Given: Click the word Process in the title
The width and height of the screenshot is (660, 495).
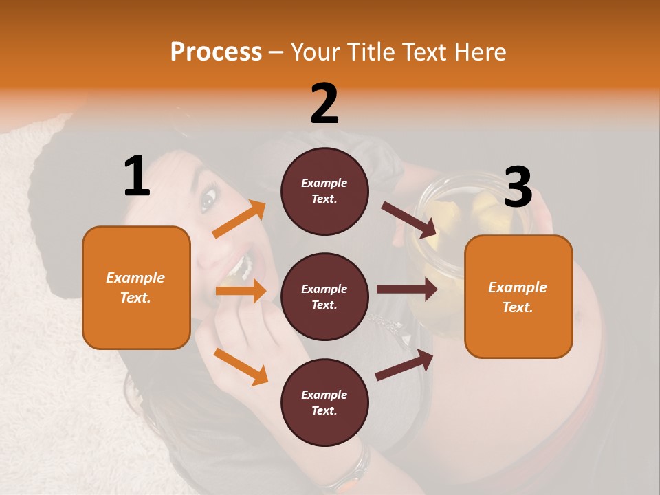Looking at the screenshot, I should pyautogui.click(x=216, y=52).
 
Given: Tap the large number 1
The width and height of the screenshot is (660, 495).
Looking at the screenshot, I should pyautogui.click(x=137, y=176).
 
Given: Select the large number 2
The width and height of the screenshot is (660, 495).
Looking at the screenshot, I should pyautogui.click(x=324, y=103).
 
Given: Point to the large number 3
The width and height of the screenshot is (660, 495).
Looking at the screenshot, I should pyautogui.click(x=518, y=188).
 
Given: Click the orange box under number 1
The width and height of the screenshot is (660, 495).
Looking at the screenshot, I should pyautogui.click(x=136, y=287).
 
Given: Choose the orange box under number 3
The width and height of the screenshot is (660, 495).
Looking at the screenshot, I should pyautogui.click(x=518, y=297).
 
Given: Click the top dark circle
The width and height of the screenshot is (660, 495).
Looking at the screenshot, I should pyautogui.click(x=324, y=191).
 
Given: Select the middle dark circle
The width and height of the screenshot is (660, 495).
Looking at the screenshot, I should pyautogui.click(x=324, y=297).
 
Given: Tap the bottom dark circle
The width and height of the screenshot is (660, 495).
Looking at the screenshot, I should pyautogui.click(x=324, y=403).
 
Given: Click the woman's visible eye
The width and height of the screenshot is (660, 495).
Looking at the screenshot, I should pyautogui.click(x=208, y=200).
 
